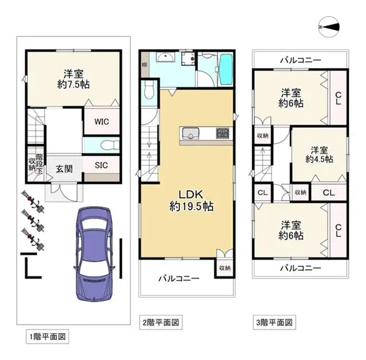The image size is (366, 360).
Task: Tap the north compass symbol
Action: click(x=330, y=26)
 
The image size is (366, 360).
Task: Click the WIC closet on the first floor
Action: click(x=102, y=121)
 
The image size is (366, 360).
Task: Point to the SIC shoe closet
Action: click(x=102, y=165)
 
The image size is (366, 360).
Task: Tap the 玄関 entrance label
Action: click(x=63, y=169)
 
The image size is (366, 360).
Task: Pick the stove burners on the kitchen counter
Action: click(x=222, y=134)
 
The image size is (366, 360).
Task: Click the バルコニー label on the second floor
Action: click(x=178, y=279)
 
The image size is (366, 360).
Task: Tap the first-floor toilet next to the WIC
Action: click(x=109, y=144)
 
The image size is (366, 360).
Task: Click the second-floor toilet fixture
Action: click(x=149, y=89)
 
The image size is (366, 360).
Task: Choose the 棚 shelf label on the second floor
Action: click(x=145, y=65)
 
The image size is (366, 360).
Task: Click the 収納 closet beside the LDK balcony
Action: click(x=224, y=267)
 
